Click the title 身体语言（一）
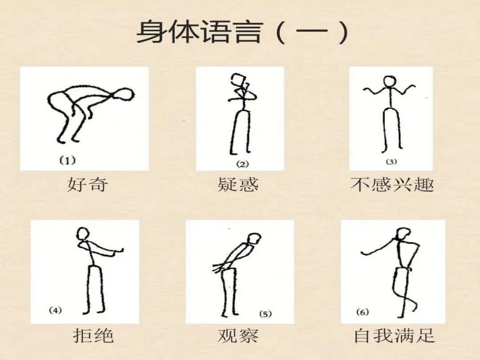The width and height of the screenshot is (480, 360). [242, 32]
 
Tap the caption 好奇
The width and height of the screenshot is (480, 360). [87, 184]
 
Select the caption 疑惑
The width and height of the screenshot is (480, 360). [238, 184]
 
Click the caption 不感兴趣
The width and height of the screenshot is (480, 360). [392, 184]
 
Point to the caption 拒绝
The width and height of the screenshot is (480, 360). [93, 335]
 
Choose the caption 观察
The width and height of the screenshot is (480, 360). [238, 335]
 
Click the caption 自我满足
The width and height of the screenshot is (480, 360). [394, 335]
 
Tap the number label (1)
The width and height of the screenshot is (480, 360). [67, 160]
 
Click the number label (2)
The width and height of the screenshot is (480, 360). [242, 164]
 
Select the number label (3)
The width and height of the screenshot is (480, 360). [391, 161]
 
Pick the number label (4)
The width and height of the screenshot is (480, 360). [55, 311]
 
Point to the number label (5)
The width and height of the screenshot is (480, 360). [266, 314]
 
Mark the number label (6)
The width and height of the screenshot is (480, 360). [362, 312]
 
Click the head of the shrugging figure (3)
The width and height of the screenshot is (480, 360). [389, 82]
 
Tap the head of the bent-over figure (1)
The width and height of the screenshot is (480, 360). [124, 94]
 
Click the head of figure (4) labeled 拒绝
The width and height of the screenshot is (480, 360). [83, 234]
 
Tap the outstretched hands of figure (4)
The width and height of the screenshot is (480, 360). [119, 251]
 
